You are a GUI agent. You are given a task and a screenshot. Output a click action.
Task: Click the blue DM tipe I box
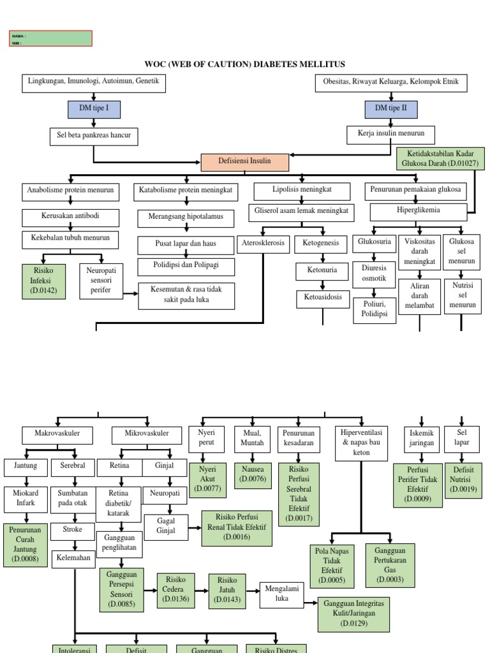[94, 109]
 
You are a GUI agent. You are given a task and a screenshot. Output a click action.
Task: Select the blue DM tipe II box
[391, 109]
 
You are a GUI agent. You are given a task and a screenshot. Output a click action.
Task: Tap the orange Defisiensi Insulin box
[245, 162]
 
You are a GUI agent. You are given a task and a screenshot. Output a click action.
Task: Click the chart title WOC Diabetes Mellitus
[246, 64]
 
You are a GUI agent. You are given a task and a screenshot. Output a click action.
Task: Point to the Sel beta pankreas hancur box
[94, 136]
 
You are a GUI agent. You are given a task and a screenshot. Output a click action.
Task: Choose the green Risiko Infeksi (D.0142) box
[43, 281]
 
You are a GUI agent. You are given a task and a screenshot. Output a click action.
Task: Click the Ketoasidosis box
[323, 297]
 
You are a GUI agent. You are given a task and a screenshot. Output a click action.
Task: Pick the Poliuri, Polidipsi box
[374, 311]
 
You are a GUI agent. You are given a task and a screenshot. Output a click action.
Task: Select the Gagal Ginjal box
[166, 527]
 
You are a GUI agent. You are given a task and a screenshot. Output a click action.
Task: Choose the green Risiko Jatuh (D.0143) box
[227, 591]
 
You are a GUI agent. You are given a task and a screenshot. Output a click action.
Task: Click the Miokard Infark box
[26, 497]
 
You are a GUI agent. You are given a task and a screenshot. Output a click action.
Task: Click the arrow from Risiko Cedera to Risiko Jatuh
[202, 591]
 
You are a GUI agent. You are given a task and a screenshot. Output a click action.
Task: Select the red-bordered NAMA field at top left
[51, 39]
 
